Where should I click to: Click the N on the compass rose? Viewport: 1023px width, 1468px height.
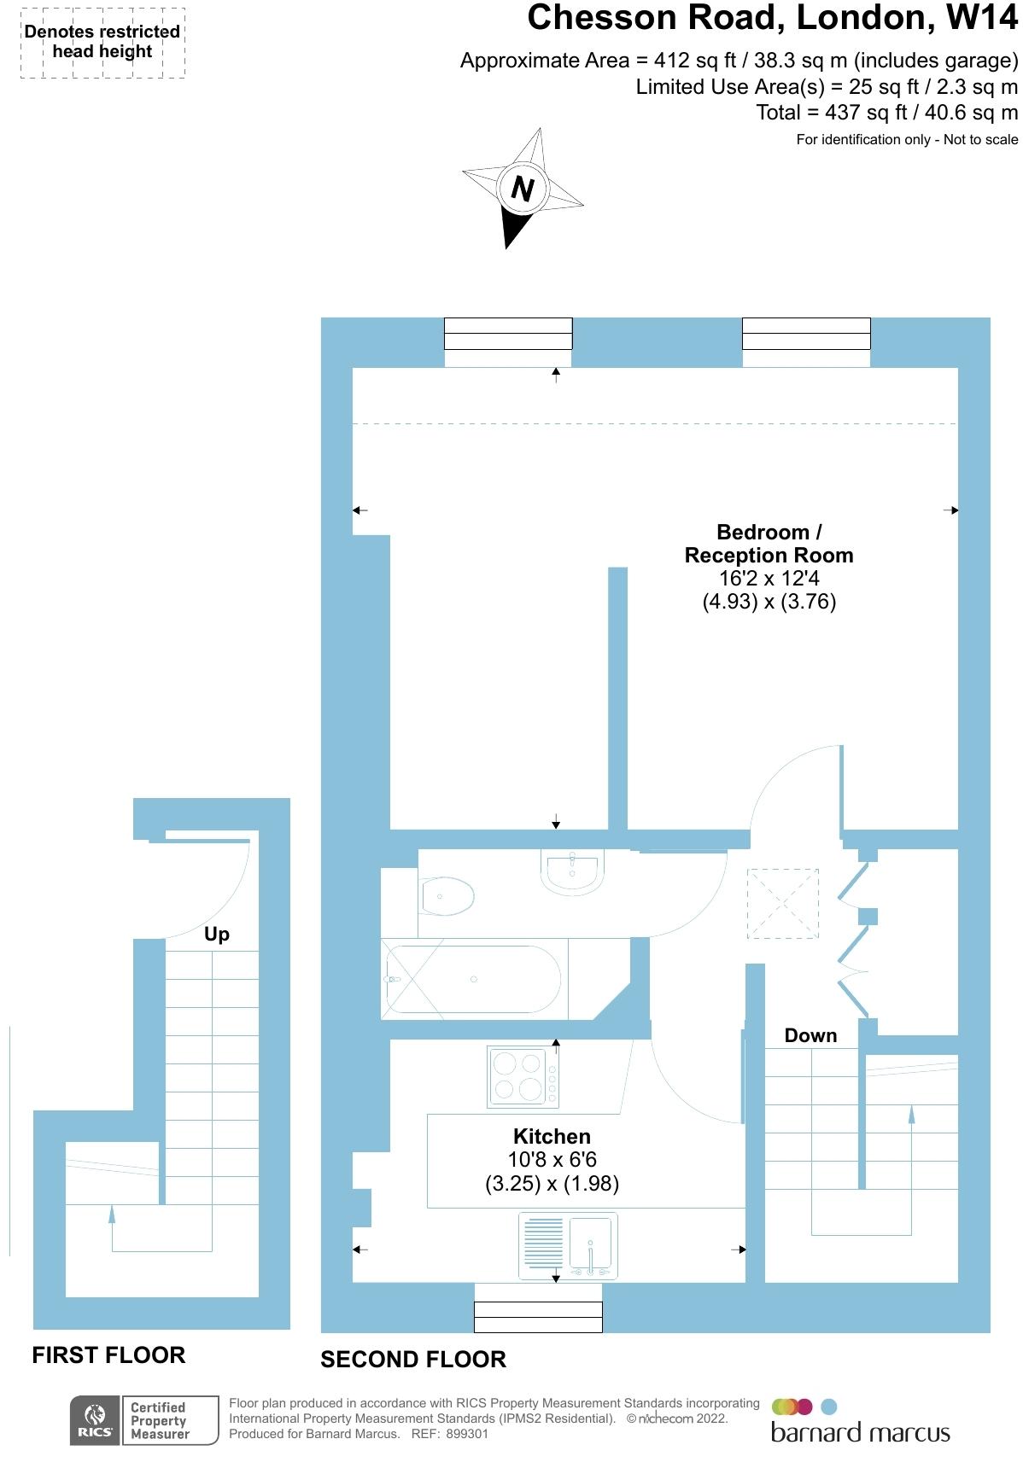tap(522, 188)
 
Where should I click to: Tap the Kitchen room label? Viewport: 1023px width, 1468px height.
tap(552, 1137)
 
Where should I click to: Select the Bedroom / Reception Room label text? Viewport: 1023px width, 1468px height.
tap(769, 544)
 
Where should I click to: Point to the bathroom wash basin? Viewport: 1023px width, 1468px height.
tap(573, 871)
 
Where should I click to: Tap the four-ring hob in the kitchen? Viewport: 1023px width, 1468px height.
tap(517, 1076)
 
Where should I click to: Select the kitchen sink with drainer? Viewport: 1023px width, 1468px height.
tap(568, 1246)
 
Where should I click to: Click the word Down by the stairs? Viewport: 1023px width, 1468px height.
tap(810, 1035)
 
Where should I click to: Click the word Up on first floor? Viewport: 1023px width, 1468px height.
tap(217, 934)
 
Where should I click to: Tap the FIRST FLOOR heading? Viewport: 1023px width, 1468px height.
tap(108, 1355)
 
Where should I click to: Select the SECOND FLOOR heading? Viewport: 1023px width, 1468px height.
tap(413, 1360)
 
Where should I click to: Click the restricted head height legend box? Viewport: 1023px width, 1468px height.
tap(102, 43)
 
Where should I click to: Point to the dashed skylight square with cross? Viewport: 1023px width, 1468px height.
tap(783, 904)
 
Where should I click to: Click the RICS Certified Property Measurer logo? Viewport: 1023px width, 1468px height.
tap(143, 1421)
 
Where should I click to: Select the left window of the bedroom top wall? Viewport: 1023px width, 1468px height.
tap(508, 333)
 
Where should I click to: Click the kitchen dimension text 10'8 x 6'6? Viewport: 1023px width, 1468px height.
tap(552, 1160)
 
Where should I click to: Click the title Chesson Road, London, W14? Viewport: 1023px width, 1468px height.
tap(772, 18)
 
